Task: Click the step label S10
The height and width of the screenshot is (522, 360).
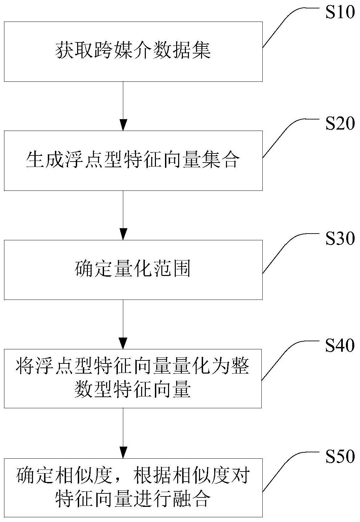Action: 339,13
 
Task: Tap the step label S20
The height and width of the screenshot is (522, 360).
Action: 339,124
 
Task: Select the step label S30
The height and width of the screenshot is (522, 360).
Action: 339,239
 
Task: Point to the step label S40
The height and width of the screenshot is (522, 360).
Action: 339,346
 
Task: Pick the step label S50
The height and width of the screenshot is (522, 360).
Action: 339,457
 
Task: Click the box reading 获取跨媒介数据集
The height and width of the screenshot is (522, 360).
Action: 133,51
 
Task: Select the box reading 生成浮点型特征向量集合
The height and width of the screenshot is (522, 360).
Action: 133,161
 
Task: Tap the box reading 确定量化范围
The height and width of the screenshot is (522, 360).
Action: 133,270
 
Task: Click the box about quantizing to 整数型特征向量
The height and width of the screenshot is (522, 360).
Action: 133,379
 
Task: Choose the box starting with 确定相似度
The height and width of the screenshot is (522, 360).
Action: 133,487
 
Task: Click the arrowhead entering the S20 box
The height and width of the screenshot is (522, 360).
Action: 123,125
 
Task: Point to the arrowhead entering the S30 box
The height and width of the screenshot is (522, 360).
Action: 123,234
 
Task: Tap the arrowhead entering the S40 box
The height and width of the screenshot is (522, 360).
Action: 123,343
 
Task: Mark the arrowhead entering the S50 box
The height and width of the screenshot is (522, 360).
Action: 123,452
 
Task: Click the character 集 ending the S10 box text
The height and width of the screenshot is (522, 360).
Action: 203,51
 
